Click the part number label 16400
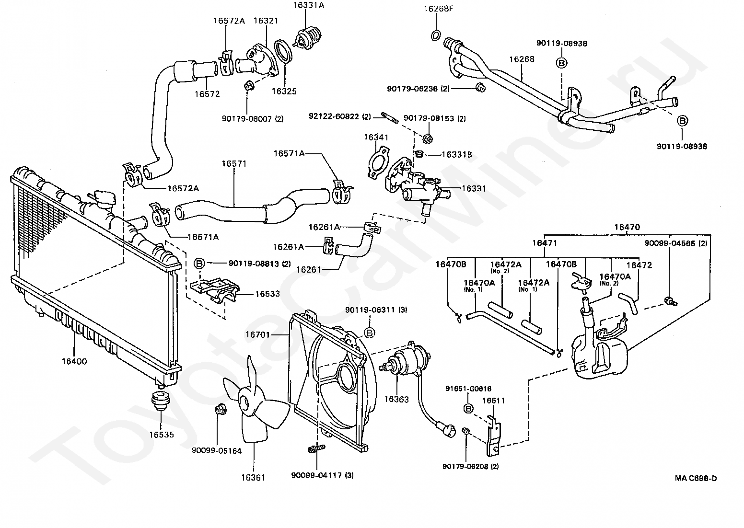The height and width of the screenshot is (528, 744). tap(74, 361)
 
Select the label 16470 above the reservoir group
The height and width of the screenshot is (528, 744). tap(628, 227)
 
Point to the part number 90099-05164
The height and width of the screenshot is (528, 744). tap(217, 451)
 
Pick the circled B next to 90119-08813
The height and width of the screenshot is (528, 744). tap(199, 263)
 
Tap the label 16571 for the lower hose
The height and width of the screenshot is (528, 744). tap(234, 163)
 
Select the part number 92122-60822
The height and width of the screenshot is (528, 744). tap(339, 116)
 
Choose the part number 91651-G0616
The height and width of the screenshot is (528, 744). tap(468, 389)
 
